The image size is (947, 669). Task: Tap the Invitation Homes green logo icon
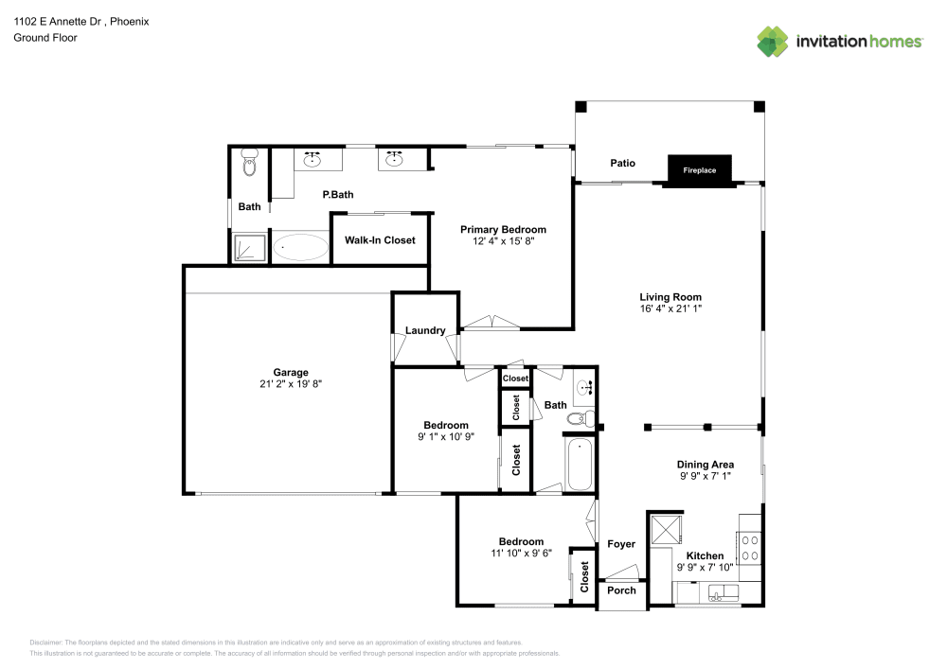coord(773,41)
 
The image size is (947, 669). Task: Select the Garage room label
coord(291,372)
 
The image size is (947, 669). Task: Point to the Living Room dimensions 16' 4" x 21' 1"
coord(670,308)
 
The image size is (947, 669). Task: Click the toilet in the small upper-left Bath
coord(250,166)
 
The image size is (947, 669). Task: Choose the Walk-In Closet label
coord(380,240)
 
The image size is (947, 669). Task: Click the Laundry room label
coord(425,330)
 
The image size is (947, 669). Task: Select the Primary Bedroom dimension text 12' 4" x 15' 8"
coord(503,242)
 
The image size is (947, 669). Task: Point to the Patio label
coord(622,164)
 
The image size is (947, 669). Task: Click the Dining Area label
coord(706,465)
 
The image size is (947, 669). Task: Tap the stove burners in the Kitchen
coord(750,548)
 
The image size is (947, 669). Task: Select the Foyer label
coord(621,544)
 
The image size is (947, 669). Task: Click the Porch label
coord(621,590)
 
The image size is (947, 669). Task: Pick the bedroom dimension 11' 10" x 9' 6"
coord(521,554)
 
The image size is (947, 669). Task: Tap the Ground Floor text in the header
coord(45,38)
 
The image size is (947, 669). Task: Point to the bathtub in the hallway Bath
coord(580,463)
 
